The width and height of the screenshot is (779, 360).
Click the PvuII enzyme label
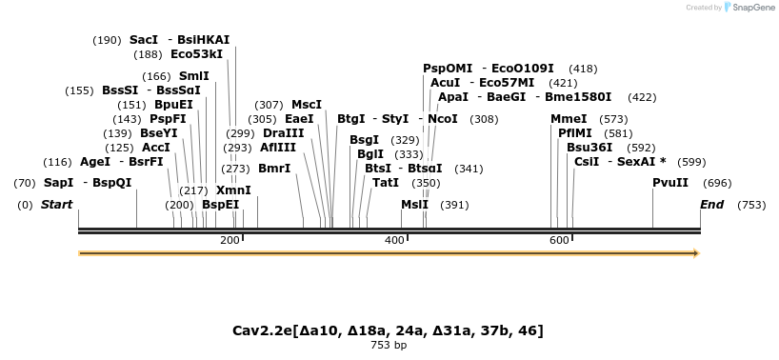coord(669,182)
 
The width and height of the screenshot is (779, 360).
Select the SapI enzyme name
coord(58,182)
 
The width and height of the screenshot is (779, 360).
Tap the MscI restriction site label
coord(307,105)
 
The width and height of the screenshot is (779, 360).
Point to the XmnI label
coord(233,190)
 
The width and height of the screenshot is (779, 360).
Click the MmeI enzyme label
coord(569,119)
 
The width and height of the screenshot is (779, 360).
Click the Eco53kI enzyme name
coord(196,54)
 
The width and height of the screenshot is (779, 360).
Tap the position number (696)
coord(716,182)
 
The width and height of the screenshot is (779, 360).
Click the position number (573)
coord(613,119)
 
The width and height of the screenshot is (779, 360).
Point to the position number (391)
coord(454,205)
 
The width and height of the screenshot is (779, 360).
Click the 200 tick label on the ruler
coord(230,241)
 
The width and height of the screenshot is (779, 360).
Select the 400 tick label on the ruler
coord(394,241)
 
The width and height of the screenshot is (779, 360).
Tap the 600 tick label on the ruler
coord(559,241)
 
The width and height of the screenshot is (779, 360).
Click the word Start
coord(56,205)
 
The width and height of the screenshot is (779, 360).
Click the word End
coord(711,205)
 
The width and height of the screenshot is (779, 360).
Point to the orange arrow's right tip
coord(698,253)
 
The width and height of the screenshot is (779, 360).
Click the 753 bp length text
coord(389,345)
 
